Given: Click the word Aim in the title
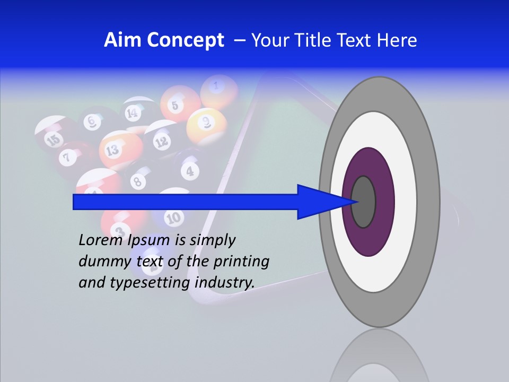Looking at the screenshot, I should click(124, 40).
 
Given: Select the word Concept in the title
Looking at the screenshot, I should click(186, 40).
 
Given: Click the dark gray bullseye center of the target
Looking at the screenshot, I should click(363, 202).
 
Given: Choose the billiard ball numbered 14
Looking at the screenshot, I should click(133, 112).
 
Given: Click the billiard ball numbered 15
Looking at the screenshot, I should click(53, 139).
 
